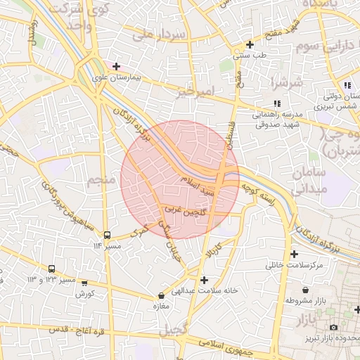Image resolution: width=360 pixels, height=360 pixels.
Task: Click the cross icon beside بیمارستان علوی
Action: click(x=116, y=66)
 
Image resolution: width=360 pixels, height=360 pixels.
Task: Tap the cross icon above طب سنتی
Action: click(x=250, y=44)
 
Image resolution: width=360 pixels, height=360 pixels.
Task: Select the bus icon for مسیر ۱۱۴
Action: click(x=107, y=236)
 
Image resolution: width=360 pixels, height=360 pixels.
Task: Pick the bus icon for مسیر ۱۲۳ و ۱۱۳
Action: click(x=51, y=269)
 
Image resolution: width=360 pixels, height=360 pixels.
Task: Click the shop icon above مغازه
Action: click(x=162, y=296)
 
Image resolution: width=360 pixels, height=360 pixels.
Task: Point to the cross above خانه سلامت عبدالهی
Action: click(x=204, y=280)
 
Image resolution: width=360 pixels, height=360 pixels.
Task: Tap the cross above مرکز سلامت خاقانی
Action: click(x=294, y=254)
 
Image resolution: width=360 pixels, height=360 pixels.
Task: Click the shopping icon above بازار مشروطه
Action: click(x=305, y=289)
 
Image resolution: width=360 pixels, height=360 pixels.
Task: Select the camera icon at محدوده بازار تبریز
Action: click(x=333, y=328)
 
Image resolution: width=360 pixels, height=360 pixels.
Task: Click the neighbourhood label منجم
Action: click(x=101, y=181)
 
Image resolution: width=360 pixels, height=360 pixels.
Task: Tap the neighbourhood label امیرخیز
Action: click(x=194, y=92)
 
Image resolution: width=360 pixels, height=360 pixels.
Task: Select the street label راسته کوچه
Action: click(x=257, y=191)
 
